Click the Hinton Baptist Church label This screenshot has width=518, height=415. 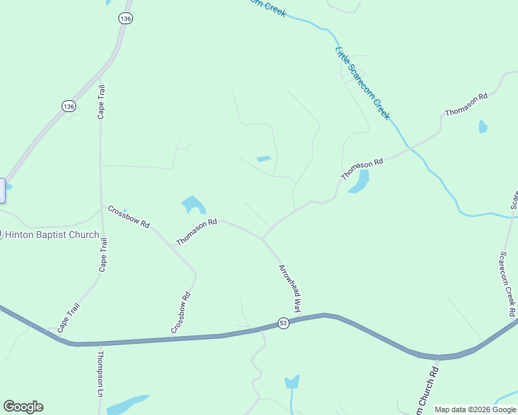[52, 234]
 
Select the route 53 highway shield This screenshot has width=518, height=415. [283, 323]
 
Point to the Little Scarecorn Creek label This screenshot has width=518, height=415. [363, 83]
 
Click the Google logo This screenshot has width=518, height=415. [23, 407]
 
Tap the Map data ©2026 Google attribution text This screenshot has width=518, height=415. [475, 409]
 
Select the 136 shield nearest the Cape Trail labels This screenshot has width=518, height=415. [68, 106]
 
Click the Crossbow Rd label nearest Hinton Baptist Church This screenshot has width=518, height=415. [129, 216]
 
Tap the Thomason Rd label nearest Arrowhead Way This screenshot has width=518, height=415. [197, 232]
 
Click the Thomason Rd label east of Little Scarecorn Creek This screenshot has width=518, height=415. [466, 104]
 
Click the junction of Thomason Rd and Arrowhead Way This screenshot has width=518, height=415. [262, 239]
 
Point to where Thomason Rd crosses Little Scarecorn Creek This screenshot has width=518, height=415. [410, 147]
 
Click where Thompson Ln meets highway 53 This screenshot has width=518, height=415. [100, 343]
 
